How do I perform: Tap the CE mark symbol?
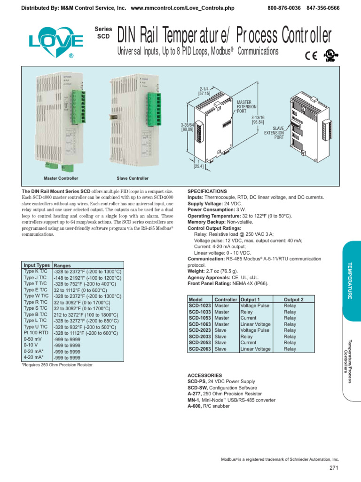pyautogui.click(x=311, y=56)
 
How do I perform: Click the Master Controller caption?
pyautogui.click(x=61, y=178)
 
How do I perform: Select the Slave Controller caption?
pyautogui.click(x=133, y=178)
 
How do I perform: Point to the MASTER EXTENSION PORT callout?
pyautogui.click(x=247, y=107)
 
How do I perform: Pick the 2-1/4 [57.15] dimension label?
pyautogui.click(x=204, y=91)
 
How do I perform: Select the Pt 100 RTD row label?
pyautogui.click(x=36, y=333)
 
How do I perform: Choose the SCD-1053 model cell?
pyautogui.click(x=200, y=318)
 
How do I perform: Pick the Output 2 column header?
pyautogui.click(x=293, y=299)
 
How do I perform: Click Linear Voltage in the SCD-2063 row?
pyautogui.click(x=255, y=349)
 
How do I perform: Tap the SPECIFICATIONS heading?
pyautogui.click(x=207, y=192)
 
